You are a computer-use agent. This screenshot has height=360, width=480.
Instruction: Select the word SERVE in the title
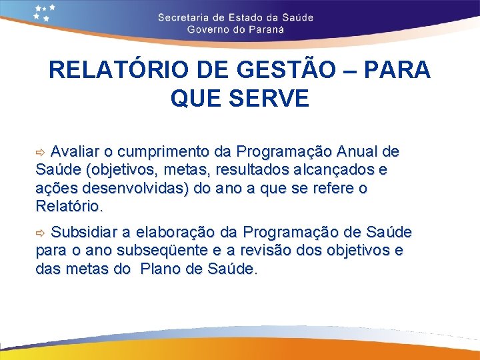[273, 99]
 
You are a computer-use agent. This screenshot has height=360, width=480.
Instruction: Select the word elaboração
[174, 233]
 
